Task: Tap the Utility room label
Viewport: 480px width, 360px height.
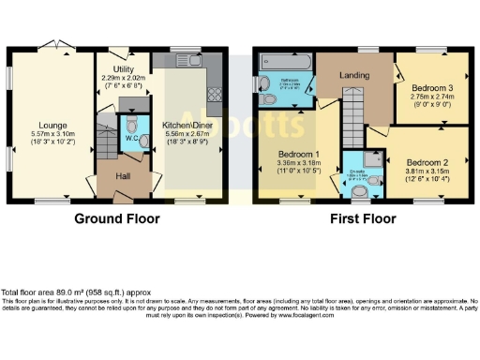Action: [x=124, y=68]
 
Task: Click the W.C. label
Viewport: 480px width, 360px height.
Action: [x=132, y=142]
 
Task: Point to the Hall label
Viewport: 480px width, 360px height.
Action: [x=123, y=174]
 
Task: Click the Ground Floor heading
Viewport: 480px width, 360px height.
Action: [x=117, y=218]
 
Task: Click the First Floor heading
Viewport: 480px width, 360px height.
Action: [x=362, y=218]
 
